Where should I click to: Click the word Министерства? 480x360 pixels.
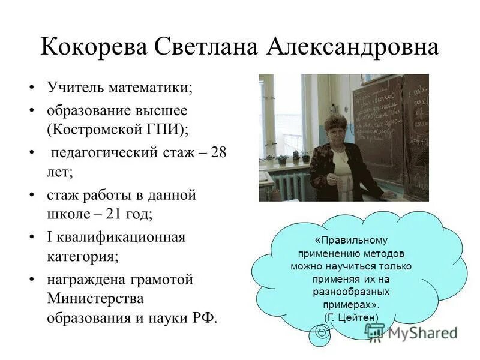pos(95,298)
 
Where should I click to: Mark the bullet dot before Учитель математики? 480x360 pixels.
pos(32,88)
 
